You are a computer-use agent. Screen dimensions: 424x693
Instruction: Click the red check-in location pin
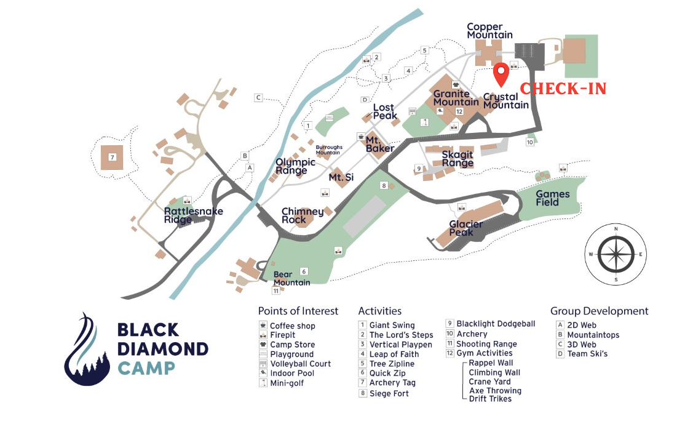pos(502,74)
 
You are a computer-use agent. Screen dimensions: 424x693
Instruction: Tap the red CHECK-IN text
pos(563,89)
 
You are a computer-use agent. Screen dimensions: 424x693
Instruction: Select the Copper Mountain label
pos(489,31)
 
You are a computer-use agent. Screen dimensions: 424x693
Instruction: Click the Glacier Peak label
pos(465,228)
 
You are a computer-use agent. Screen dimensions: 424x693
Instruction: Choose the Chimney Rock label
pos(303,216)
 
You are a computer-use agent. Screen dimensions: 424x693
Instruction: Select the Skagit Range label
pos(457,159)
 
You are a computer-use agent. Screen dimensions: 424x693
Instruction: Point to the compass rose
pos(616,254)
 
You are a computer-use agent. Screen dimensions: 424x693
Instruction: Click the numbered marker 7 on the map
pos(113,158)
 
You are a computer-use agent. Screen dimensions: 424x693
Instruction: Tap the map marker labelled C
pos(258,97)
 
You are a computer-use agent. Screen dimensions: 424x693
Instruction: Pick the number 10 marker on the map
pos(529,142)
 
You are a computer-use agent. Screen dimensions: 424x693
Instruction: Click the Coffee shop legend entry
pos(292,326)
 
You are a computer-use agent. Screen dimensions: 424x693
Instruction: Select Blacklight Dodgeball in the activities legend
pos(496,324)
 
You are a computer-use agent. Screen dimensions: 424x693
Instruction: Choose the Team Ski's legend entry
pos(587,354)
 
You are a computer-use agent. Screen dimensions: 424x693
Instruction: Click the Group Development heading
pos(599,311)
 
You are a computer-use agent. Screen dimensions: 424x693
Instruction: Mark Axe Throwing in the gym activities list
pos(494,391)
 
